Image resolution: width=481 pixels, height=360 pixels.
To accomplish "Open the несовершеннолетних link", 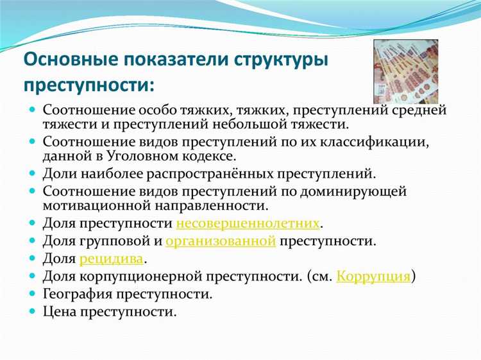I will [x=248, y=224].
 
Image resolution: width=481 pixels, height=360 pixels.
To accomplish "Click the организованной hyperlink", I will [x=221, y=242].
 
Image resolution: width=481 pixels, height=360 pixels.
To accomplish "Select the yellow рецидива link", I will [x=112, y=259].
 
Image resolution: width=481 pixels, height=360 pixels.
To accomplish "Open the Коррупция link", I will [x=373, y=277].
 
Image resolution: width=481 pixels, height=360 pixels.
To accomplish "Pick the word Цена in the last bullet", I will [x=60, y=312].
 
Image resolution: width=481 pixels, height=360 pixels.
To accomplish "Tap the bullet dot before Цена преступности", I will [x=32, y=312].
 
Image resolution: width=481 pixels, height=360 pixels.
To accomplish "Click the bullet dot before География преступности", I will [x=32, y=294].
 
